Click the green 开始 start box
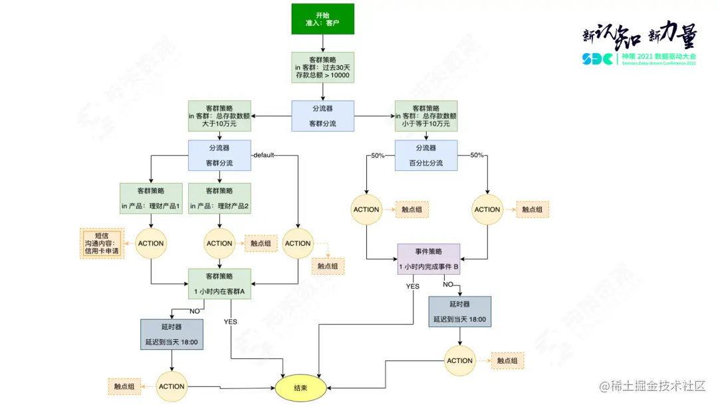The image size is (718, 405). coord(322,19)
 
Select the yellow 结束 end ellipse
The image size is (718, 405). coord(300,387)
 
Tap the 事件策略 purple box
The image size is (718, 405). coord(429,259)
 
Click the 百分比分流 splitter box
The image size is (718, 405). coord(425,156)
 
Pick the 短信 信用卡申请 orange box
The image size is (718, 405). coord(102,243)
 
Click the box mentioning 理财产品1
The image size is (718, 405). coord(151,198)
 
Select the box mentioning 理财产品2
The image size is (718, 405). coord(219,198)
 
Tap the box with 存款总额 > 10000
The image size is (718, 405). coord(322,67)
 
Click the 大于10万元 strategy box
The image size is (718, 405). coord(219,116)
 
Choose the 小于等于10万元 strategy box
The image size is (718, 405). coord(425,116)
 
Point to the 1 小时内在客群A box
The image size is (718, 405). coord(219,284)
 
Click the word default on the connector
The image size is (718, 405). coord(264,156)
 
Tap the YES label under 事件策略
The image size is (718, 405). coord(413,287)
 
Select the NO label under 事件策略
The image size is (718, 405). coord(447,284)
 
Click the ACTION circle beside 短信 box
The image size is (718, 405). coord(151,243)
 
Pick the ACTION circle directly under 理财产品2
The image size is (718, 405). coord(219,243)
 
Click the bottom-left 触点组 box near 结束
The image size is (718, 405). coord(124,386)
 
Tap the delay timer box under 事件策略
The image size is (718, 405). coord(460,312)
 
